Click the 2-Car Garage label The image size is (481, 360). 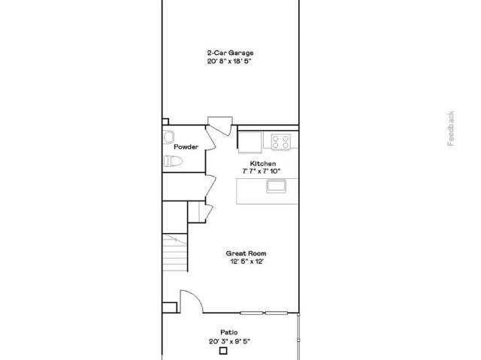point(230,53)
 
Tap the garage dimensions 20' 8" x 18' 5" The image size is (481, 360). point(229,61)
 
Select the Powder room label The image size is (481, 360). point(186,147)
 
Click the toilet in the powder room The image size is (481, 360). point(173,161)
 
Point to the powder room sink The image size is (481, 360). point(168,137)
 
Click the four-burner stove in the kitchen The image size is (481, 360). point(280,141)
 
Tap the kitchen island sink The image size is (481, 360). point(276,186)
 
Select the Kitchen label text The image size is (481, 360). point(263,163)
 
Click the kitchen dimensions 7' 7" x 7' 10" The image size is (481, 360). point(262,171)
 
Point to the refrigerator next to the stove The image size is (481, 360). point(250,141)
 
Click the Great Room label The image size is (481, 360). point(246,253)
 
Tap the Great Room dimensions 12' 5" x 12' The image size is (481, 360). point(247,262)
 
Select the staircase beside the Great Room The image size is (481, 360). point(175,253)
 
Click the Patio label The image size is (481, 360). point(228,332)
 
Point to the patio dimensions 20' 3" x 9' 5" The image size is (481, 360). point(230,341)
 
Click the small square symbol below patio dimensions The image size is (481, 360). point(223,351)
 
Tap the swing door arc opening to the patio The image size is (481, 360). point(196,296)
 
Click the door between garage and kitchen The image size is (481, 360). point(219,126)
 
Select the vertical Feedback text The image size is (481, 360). point(450,129)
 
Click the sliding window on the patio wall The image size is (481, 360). point(264,313)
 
